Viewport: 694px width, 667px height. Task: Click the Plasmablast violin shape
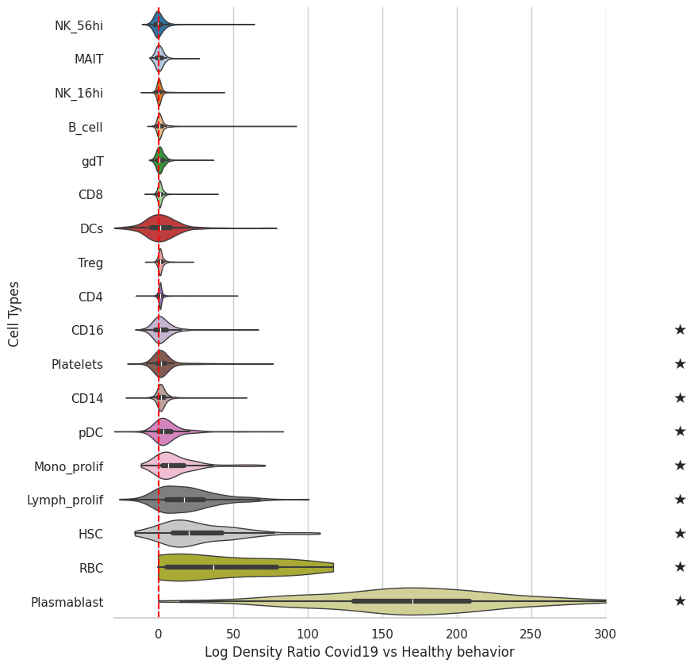coord(412,601)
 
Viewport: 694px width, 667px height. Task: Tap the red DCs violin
coord(160,228)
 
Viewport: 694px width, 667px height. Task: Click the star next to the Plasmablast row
coord(681,600)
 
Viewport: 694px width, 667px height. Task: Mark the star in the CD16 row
coord(681,329)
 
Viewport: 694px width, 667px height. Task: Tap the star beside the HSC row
coord(681,533)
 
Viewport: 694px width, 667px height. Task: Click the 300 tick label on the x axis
coord(605,634)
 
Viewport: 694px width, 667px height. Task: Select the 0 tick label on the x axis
coord(159,634)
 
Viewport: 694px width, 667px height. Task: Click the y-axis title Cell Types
coord(13,314)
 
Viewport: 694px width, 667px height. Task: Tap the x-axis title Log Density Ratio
coord(359,652)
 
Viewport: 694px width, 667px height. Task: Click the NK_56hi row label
coord(79,25)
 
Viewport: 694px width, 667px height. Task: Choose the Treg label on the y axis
coord(90,263)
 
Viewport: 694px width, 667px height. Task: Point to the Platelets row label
coord(78,364)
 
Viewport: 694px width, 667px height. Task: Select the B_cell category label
coord(86,128)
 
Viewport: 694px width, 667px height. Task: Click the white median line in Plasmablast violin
coord(413,601)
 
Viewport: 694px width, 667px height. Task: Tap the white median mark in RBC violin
coord(214,567)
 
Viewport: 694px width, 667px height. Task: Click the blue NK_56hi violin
coord(159,25)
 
